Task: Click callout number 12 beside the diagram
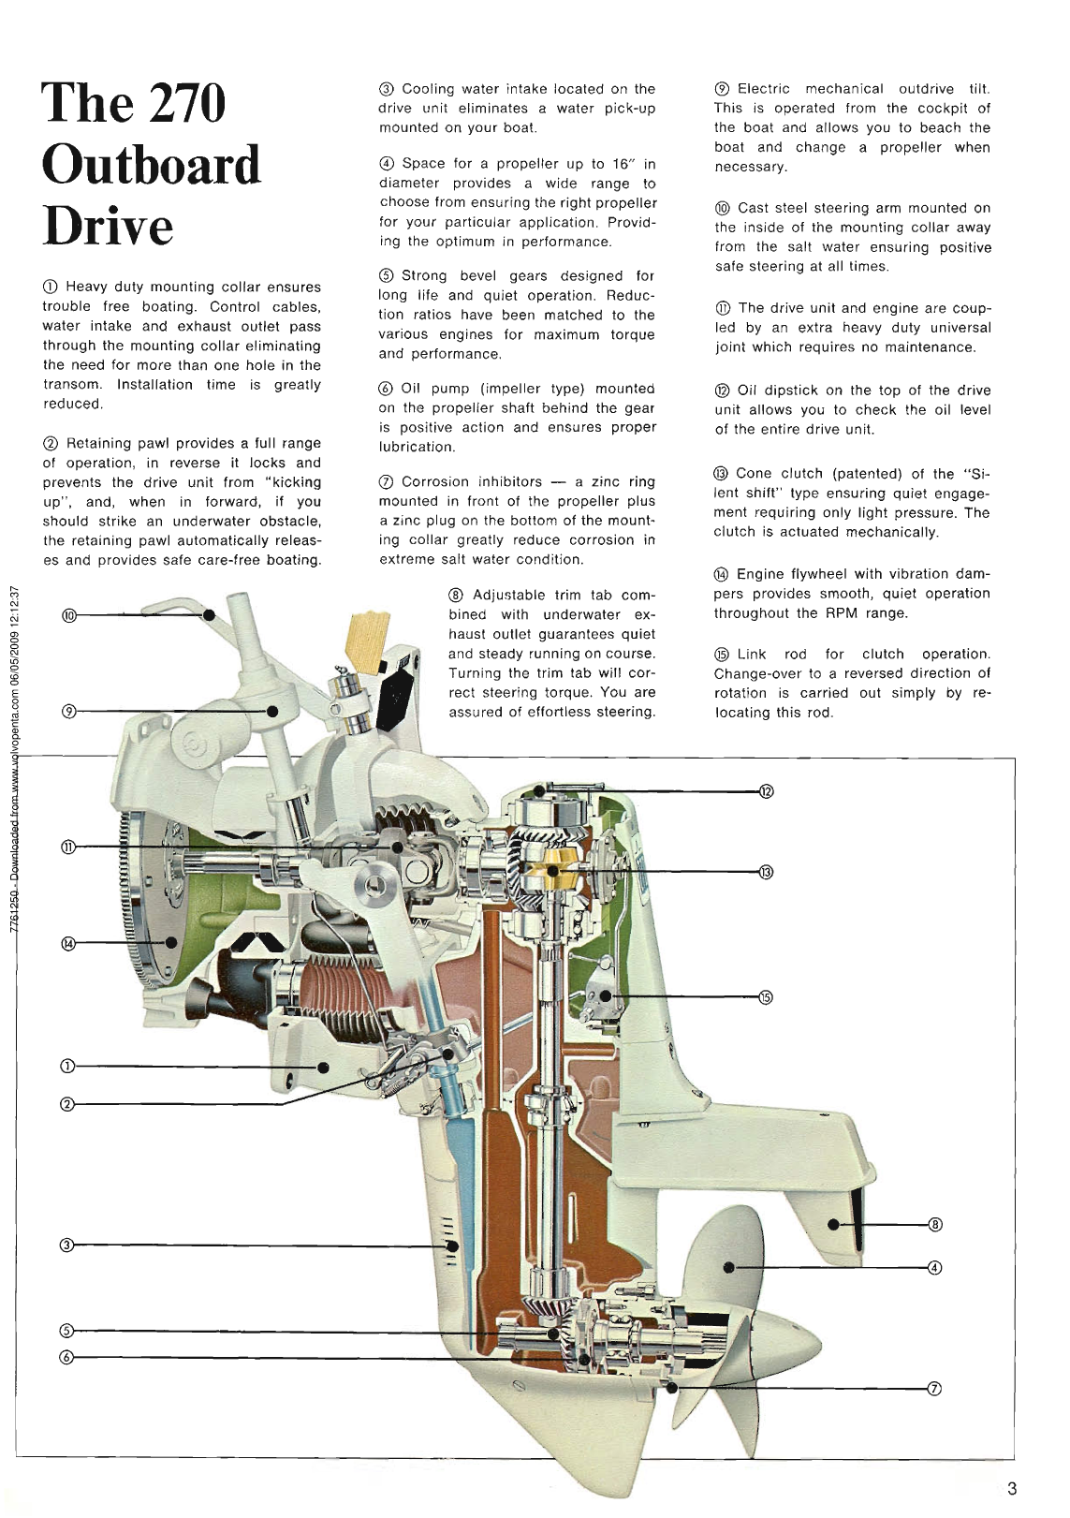coord(766,791)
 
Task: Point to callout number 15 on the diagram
coord(766,997)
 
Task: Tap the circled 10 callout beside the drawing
coord(68,615)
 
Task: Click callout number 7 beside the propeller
coord(932,1389)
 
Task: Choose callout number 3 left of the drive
coord(66,1245)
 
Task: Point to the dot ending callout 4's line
coord(727,1267)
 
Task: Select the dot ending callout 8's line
coord(831,1224)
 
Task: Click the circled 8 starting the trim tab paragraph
coord(456,596)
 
